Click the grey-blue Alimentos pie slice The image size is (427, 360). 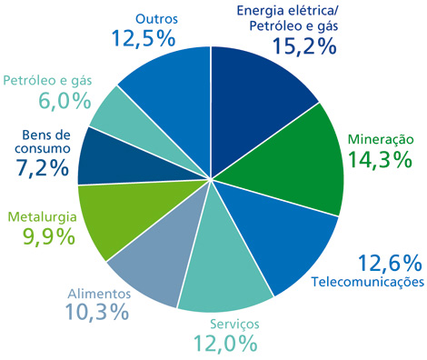pos(150,255)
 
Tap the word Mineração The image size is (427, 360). pos(382,140)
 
